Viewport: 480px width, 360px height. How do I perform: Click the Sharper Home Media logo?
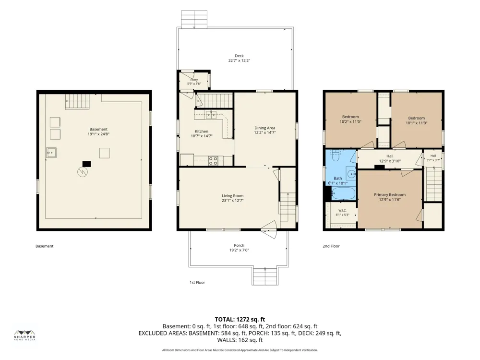click(25, 335)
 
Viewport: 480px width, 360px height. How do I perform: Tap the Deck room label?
click(239, 56)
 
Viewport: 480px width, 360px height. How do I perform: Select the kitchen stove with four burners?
click(213, 161)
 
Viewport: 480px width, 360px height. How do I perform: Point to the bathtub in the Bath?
click(344, 193)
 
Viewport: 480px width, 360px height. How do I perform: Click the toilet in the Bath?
click(336, 156)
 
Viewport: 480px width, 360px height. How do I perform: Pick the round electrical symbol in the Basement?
click(82, 172)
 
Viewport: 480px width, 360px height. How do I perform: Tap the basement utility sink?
click(51, 153)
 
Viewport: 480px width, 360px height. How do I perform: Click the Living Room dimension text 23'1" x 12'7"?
click(233, 201)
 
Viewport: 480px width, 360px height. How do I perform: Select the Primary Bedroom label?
click(390, 195)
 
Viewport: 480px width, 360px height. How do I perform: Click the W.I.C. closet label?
click(342, 210)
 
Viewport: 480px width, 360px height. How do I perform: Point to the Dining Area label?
click(265, 128)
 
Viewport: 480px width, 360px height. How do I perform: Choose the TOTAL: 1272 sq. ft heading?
click(240, 320)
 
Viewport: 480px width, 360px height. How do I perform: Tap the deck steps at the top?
click(194, 19)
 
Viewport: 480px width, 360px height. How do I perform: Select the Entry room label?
click(194, 80)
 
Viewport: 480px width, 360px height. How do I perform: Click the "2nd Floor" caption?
click(331, 246)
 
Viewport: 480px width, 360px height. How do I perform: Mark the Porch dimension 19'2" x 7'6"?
click(239, 250)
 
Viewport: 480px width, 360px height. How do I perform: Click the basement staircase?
click(77, 101)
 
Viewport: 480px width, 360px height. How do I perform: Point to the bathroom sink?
click(351, 173)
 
